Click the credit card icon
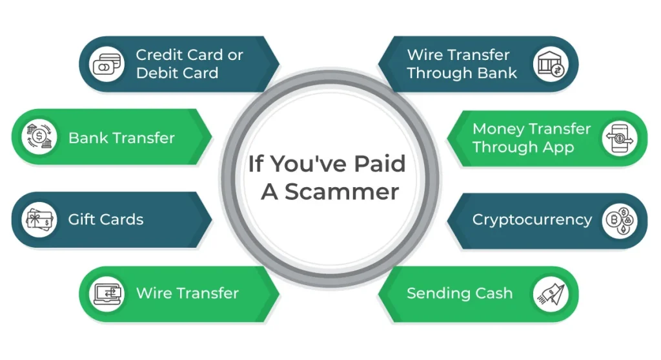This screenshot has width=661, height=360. click(x=107, y=64)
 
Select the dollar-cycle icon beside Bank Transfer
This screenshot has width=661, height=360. click(x=39, y=137)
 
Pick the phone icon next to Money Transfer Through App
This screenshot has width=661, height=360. click(x=619, y=139)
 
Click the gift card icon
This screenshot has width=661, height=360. click(x=39, y=219)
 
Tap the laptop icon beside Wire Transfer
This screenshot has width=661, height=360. click(x=108, y=294)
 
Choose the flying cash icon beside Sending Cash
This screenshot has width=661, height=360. click(x=551, y=294)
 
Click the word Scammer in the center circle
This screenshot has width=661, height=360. click(x=341, y=192)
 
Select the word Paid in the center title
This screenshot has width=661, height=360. click(x=380, y=164)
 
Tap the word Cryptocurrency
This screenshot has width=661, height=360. click(x=532, y=220)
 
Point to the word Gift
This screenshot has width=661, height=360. click(x=81, y=219)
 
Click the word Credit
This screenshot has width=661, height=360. click(x=160, y=55)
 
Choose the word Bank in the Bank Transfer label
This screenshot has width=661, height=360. click(x=87, y=138)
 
